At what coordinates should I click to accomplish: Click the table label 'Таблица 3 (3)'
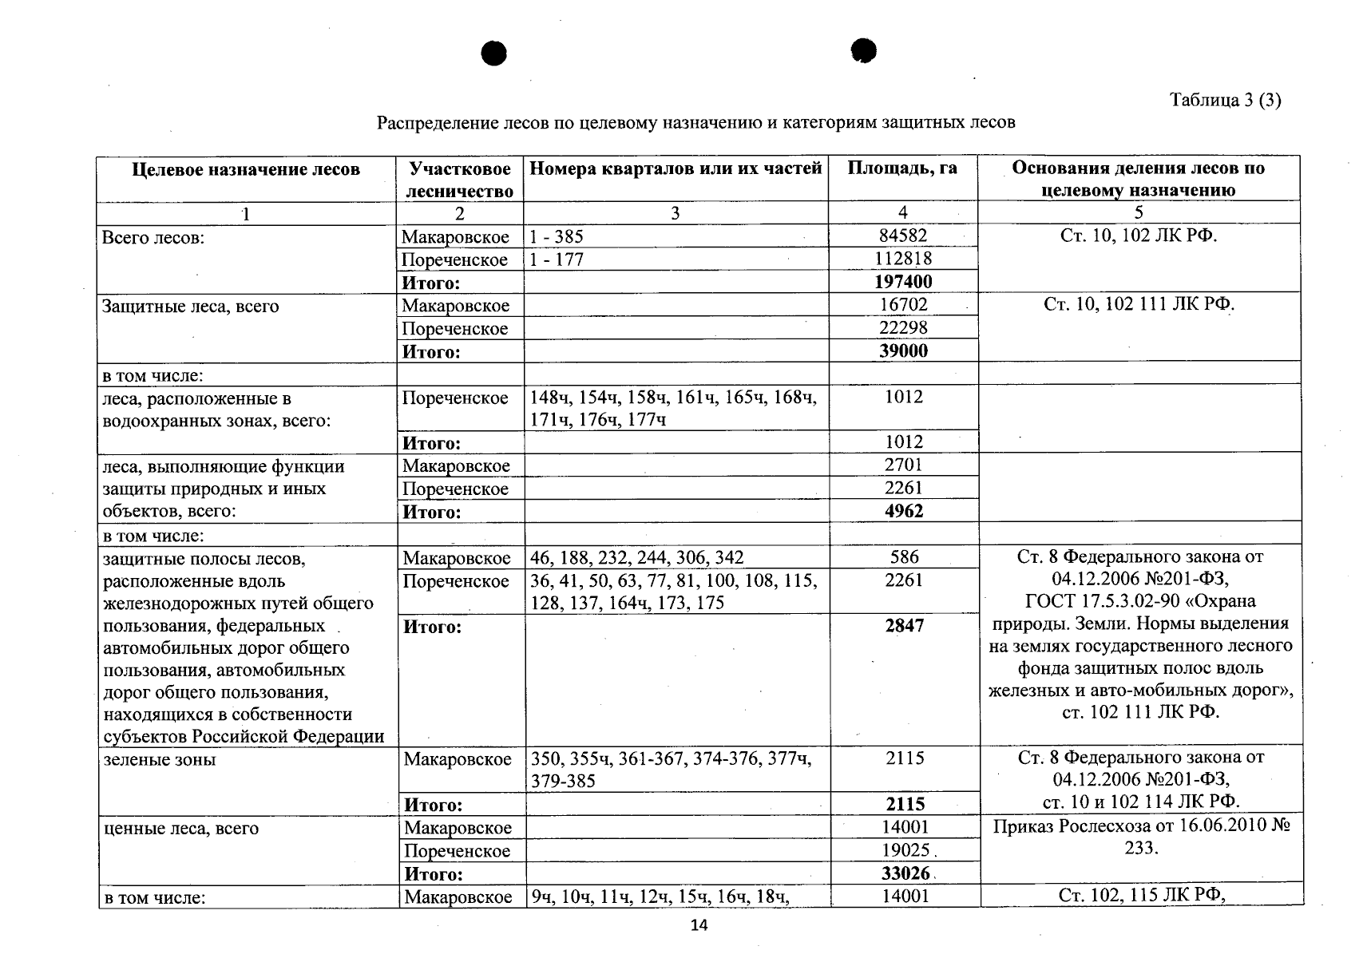click(1225, 100)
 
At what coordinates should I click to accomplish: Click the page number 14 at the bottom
click(699, 925)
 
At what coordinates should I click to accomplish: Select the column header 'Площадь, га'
click(902, 168)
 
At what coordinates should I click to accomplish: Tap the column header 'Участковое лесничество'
click(459, 180)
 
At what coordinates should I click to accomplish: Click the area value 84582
click(903, 236)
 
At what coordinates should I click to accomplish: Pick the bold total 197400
click(903, 282)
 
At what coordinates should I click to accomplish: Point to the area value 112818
click(903, 259)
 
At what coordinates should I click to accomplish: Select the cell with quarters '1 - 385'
click(557, 236)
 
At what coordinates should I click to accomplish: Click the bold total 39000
click(903, 350)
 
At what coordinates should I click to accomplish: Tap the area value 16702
click(903, 304)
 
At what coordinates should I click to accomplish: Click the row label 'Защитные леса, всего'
click(190, 306)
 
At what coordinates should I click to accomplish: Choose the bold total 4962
click(904, 511)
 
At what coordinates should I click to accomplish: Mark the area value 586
click(904, 556)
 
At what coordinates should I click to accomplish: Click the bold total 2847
click(904, 626)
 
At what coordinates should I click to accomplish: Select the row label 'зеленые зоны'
click(160, 759)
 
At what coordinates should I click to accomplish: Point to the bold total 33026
click(905, 873)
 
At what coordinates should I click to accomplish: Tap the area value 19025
click(905, 850)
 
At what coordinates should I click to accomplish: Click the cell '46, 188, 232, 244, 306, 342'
click(636, 557)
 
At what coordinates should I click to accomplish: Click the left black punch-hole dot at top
click(493, 53)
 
